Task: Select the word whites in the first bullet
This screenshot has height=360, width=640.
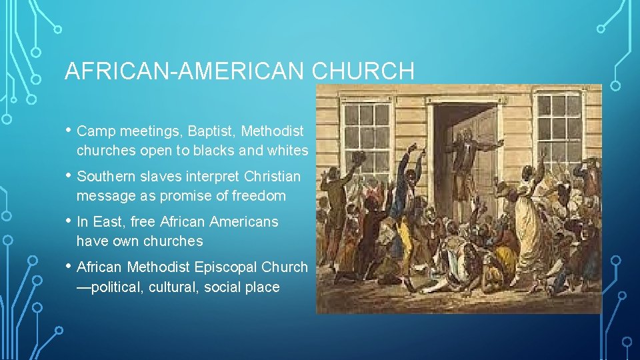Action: [x=287, y=151]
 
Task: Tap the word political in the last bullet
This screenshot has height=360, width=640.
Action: [x=115, y=287]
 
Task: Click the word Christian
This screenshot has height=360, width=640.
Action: [x=271, y=177]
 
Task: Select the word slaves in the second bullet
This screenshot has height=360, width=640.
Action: [x=167, y=177]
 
